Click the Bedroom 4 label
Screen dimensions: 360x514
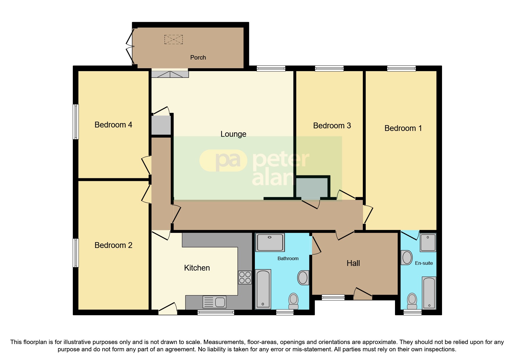(x=113, y=125)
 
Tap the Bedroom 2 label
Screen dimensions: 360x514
(x=113, y=245)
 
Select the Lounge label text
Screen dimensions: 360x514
(x=233, y=134)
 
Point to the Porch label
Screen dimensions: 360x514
(x=198, y=57)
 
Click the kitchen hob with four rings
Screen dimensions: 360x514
(x=245, y=277)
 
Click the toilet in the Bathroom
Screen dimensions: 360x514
(x=293, y=301)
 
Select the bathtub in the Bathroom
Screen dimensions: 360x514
(x=263, y=289)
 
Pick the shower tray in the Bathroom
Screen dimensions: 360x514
(x=270, y=242)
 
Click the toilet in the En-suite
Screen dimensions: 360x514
(x=412, y=301)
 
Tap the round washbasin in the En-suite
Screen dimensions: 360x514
(x=407, y=258)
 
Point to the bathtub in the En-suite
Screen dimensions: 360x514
(x=429, y=293)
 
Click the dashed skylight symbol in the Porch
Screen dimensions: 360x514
(x=174, y=39)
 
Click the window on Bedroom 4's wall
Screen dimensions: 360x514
(x=76, y=122)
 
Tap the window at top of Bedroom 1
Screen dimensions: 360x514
(x=401, y=69)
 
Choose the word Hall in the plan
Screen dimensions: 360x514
(x=353, y=263)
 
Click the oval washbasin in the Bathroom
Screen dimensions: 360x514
(x=303, y=278)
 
